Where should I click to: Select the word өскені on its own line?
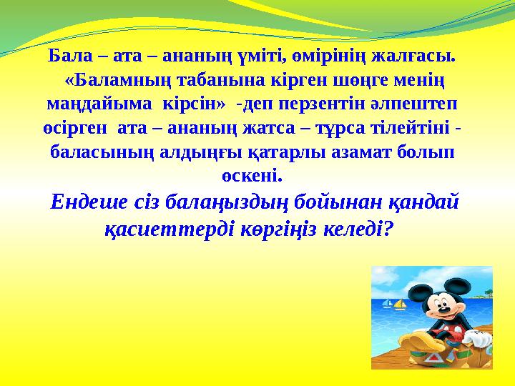click(249, 175)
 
